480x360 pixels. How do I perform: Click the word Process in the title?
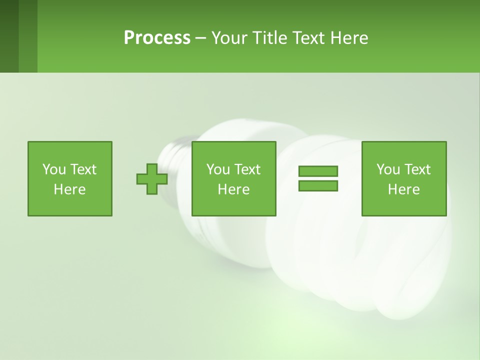157,38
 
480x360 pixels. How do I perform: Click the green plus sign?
152,179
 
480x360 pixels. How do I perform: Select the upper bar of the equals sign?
318,171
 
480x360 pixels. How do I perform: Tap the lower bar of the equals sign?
318,185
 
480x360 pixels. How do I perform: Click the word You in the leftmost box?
54,169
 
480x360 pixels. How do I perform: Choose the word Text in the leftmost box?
82,169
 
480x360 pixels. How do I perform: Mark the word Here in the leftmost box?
69,189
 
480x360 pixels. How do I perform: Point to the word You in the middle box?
218,169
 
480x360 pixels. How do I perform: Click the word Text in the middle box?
247,169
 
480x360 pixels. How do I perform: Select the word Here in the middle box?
233,189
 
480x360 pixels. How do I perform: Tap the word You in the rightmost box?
388,169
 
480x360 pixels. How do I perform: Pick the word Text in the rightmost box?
417,169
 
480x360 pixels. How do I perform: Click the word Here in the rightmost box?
403,189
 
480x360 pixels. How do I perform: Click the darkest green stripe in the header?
9,36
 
